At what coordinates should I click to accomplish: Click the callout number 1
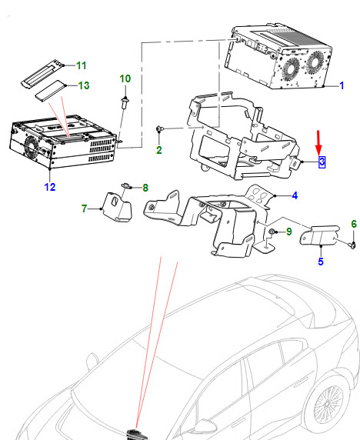(342, 85)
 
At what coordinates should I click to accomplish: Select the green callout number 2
(159, 150)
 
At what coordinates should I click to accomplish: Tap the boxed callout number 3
(322, 162)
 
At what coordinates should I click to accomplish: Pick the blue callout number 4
(295, 195)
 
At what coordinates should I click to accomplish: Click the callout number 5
(321, 262)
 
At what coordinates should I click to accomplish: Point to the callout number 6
(354, 224)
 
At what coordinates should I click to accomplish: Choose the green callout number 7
(84, 208)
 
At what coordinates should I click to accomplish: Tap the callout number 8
(145, 188)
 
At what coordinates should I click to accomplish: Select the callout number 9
(289, 232)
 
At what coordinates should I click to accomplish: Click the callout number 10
(125, 79)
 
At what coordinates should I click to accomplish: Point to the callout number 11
(82, 65)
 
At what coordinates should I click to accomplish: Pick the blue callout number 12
(50, 187)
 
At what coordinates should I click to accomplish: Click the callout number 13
(84, 85)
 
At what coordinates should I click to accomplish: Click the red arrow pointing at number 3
(318, 142)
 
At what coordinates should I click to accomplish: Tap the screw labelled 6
(354, 245)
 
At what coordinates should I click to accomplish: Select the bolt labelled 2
(159, 129)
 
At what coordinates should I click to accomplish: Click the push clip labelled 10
(125, 103)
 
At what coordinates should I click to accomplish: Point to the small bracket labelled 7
(116, 206)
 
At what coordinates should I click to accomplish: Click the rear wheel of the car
(327, 404)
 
